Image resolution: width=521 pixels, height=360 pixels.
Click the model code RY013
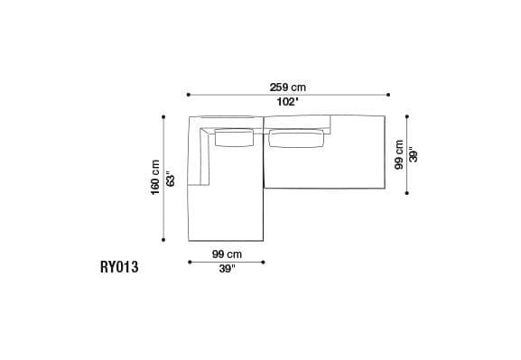pyautogui.click(x=119, y=267)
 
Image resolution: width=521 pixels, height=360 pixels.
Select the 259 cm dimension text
pyautogui.click(x=288, y=87)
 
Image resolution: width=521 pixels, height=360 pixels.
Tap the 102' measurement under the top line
pyautogui.click(x=288, y=102)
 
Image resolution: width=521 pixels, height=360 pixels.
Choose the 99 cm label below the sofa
pyautogui.click(x=226, y=254)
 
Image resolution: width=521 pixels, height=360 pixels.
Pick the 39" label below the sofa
pyautogui.click(x=226, y=269)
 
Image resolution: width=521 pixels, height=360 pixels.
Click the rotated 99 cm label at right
pyautogui.click(x=397, y=154)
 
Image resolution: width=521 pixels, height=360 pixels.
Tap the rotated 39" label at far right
pyautogui.click(x=414, y=154)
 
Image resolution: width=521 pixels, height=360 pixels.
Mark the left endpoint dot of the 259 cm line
pyautogui.click(x=188, y=94)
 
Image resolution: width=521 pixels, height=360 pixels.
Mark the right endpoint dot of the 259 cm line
pyautogui.click(x=388, y=94)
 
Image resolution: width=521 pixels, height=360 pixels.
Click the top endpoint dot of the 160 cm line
pyautogui.click(x=163, y=116)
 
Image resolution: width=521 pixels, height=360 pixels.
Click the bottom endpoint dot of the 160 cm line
pyautogui.click(x=163, y=241)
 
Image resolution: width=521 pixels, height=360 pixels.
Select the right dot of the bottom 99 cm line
pyautogui.click(x=264, y=263)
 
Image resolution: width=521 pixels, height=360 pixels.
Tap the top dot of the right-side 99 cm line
pyautogui.click(x=407, y=115)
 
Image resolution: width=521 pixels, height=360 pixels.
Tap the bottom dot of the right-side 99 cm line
pyautogui.click(x=407, y=191)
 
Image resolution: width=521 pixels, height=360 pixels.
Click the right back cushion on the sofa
pyautogui.click(x=295, y=137)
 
